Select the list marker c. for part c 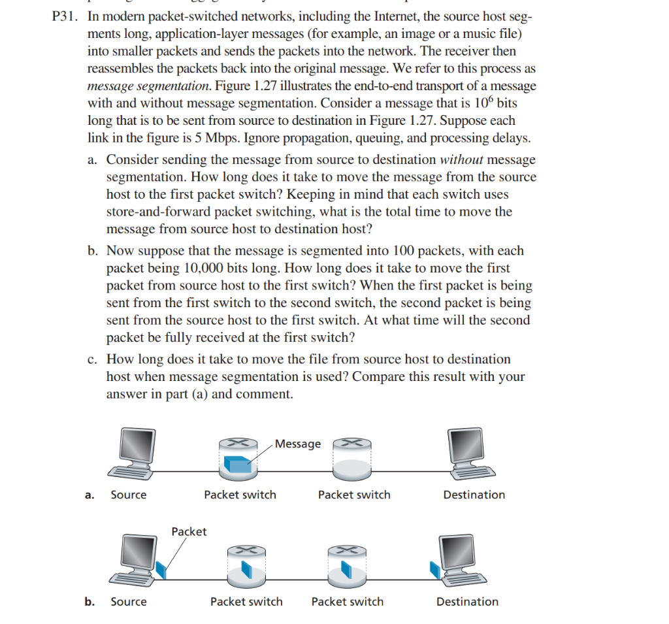93,359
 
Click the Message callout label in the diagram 298,444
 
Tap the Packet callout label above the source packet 189,531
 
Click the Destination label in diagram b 466,602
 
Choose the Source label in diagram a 129,495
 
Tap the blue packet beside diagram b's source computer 163,570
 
